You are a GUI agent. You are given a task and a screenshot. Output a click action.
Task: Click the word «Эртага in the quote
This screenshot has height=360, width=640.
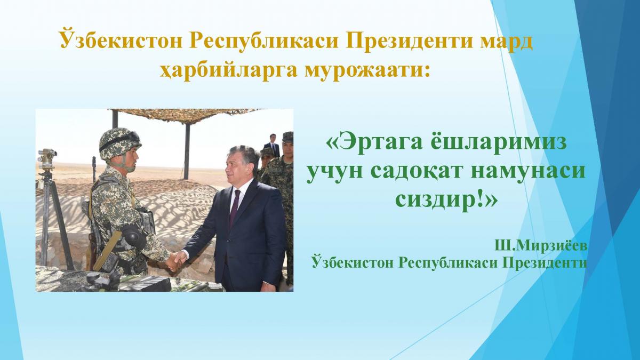pos(374,143)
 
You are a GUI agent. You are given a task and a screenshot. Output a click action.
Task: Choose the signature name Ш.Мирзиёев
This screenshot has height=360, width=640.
pos(541,246)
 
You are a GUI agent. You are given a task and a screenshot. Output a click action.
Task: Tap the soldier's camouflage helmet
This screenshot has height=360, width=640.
pos(120,143)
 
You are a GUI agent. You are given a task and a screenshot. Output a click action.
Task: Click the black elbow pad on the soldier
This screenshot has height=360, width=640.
pos(134,236)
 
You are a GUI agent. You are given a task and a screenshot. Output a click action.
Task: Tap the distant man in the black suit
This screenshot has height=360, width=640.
pos(273,145)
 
